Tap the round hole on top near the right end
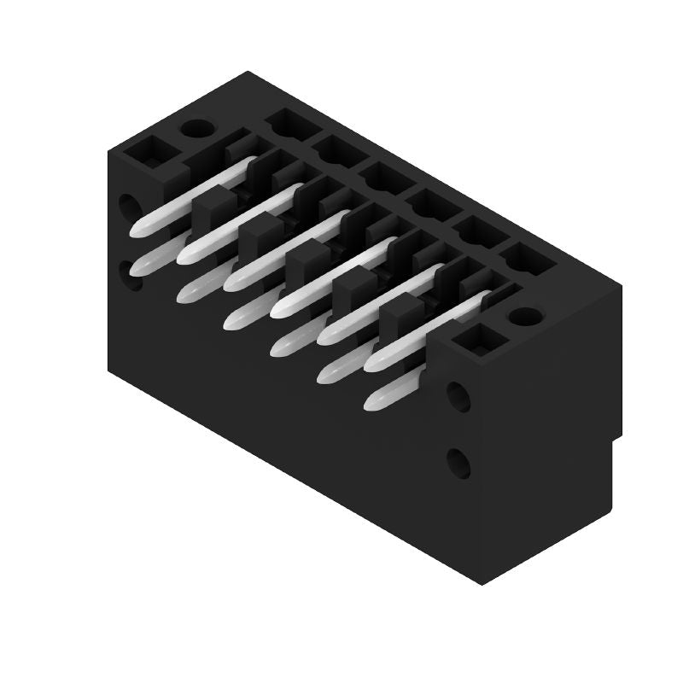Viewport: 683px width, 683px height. pos(520,316)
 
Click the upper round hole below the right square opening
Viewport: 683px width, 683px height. pos(458,396)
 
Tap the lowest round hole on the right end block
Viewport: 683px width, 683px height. pos(458,463)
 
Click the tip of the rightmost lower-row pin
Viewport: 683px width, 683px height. pos(372,401)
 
